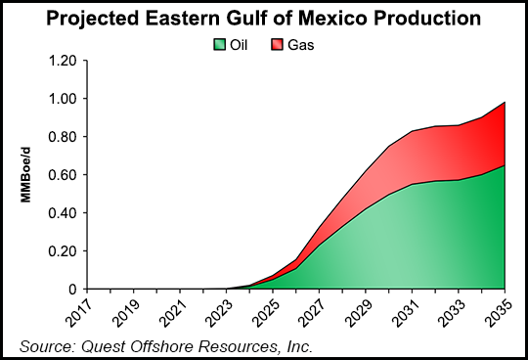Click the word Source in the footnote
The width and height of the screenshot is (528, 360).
click(47, 344)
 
